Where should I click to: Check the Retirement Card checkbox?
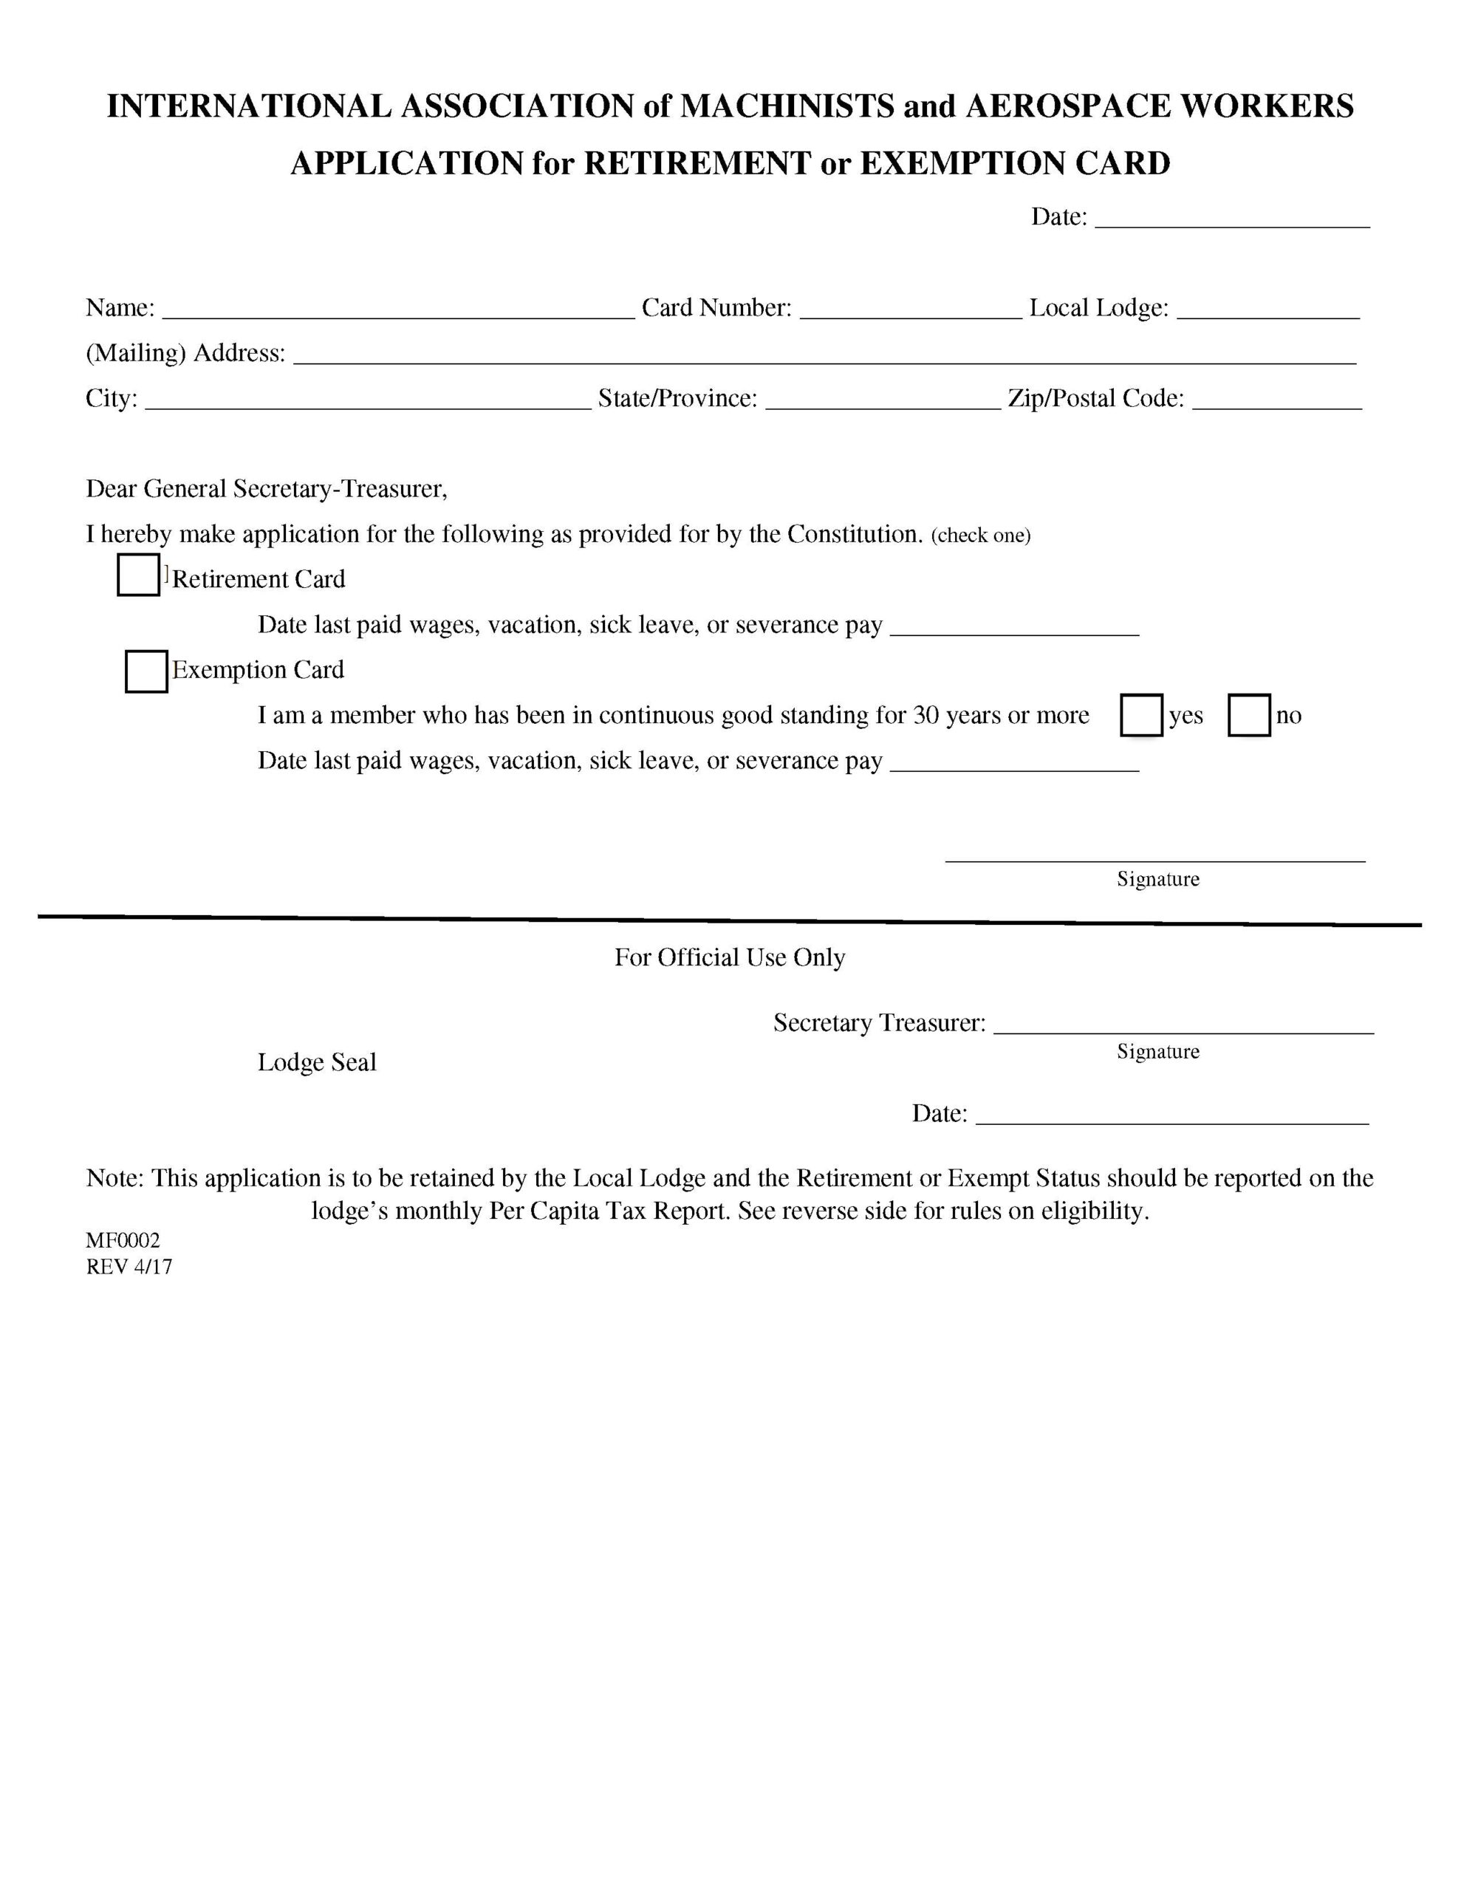[x=139, y=575]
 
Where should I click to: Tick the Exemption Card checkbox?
[x=146, y=672]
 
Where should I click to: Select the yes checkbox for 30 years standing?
[x=1140, y=715]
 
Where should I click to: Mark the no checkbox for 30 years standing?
[x=1249, y=715]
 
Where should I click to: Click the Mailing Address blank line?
[x=824, y=355]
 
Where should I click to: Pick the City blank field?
[x=367, y=400]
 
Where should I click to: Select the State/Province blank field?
[x=883, y=400]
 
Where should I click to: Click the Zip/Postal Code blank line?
[x=1276, y=400]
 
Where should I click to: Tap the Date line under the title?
[x=1231, y=218]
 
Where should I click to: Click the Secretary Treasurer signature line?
[x=1183, y=1025]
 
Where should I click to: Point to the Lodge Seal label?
[x=317, y=1062]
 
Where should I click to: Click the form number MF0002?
[x=123, y=1241]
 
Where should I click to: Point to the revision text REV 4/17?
[x=129, y=1267]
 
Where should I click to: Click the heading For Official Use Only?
[x=729, y=957]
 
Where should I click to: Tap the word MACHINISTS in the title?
[x=787, y=106]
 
